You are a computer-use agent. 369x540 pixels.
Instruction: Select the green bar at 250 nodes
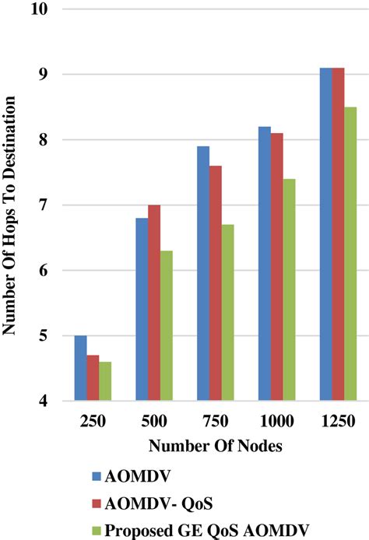[x=106, y=381]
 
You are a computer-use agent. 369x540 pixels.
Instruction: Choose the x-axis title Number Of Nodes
[x=207, y=447]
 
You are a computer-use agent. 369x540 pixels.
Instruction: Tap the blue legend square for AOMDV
[x=97, y=472]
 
